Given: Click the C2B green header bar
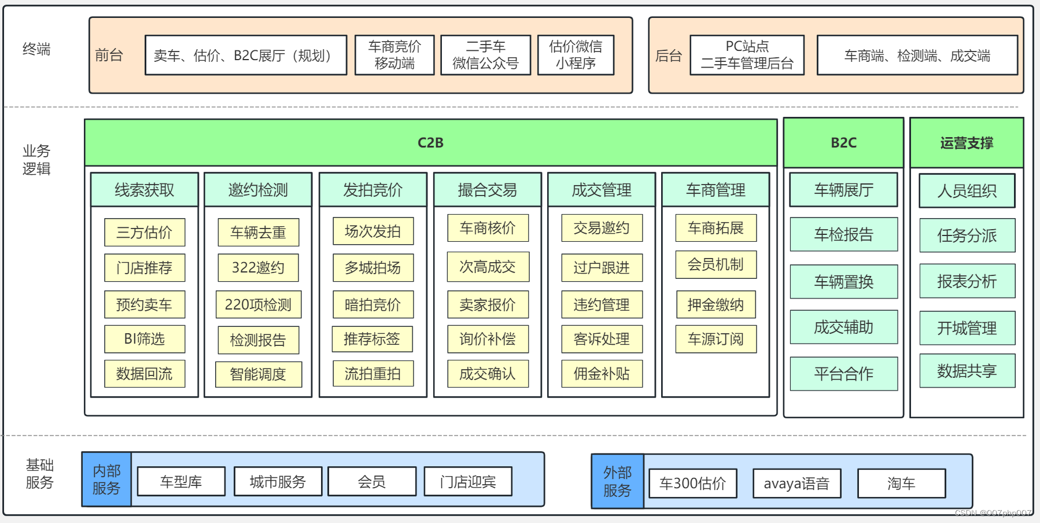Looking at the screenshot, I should coord(430,143).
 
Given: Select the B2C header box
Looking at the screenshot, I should coord(843,143).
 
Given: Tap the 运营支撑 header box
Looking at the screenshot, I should coord(967,143).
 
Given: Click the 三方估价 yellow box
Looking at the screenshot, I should coord(145,233).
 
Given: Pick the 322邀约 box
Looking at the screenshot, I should coord(258,268).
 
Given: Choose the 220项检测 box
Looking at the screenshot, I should coord(258,304).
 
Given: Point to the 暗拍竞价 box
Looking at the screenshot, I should coord(373,304).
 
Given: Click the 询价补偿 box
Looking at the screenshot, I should coord(488,339).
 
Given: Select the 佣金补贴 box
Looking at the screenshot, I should coord(602,374).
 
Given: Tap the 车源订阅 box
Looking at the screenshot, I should coord(716,339).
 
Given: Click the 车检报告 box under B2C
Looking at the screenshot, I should coord(843,234).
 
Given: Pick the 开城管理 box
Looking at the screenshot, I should coord(967,328).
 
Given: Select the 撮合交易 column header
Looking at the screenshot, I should coord(488,190).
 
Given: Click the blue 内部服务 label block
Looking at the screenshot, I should coord(106,480).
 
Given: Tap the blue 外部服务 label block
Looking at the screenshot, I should coord(617,481).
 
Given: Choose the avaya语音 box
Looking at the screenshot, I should coord(796,484).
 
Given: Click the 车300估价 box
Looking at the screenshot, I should coord(692,484).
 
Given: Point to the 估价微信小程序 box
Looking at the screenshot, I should coord(576,55).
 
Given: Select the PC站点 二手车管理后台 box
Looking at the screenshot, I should coord(747,55).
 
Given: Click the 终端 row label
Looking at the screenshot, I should coord(36,49).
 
